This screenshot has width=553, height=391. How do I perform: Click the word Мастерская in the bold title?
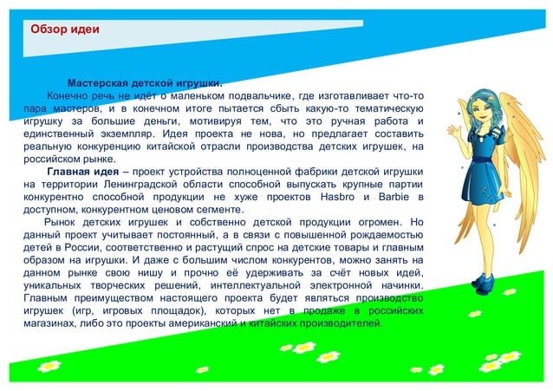tap(98, 83)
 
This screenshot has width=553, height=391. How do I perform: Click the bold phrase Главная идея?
tap(82, 172)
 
